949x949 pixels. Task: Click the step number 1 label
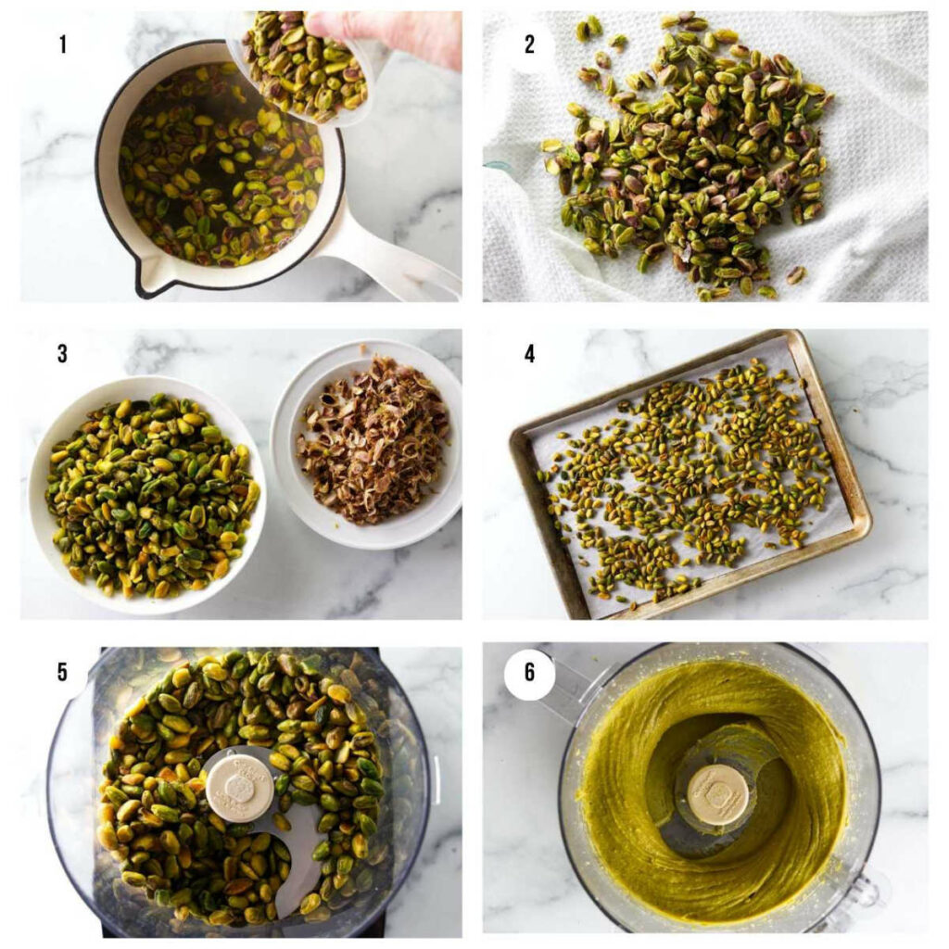coord(63,44)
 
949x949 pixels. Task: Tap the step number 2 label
coord(529,44)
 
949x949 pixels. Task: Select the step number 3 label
coord(62,354)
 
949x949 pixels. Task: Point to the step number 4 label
coord(529,354)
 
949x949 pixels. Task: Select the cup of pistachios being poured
coord(306,70)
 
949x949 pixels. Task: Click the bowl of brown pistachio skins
coord(371,440)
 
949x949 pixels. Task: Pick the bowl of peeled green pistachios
coord(148,491)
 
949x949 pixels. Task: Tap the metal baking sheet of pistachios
coord(690,473)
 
